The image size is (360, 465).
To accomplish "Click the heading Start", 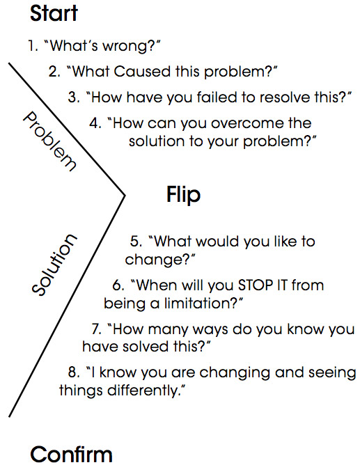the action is [x=54, y=14].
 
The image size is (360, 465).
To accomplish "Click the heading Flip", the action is [x=184, y=195].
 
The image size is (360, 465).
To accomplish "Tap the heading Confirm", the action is [x=71, y=454].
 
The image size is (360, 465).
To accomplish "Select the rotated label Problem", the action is [x=49, y=141].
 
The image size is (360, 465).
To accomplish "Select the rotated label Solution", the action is [x=54, y=265].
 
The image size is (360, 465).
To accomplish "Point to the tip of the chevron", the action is [x=125, y=195].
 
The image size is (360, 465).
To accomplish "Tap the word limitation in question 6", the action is [x=198, y=303].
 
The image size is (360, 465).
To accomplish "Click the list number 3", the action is [x=74, y=97].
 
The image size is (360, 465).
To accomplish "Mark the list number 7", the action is [x=96, y=329].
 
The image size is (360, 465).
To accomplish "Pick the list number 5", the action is [x=136, y=241].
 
